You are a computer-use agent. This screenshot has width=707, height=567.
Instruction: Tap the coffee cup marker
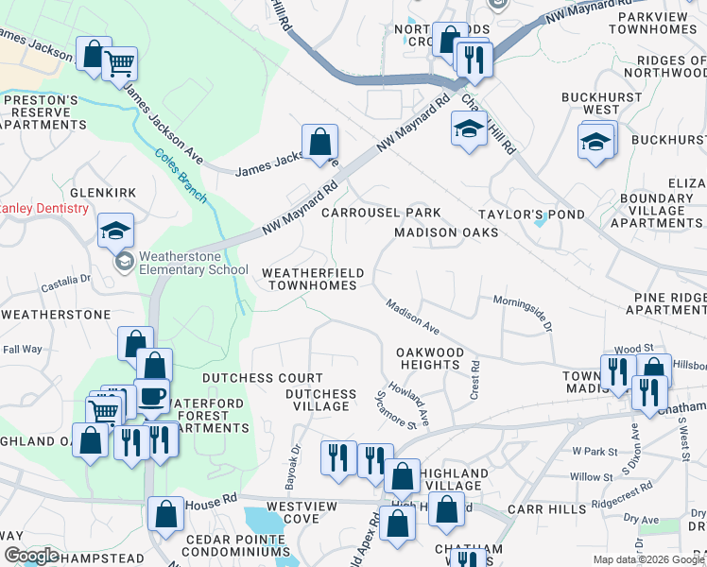150,397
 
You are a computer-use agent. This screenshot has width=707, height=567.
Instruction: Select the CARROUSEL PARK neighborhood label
381,214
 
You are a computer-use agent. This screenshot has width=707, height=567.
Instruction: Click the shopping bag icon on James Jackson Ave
320,143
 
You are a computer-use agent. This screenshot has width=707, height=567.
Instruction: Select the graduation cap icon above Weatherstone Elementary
115,231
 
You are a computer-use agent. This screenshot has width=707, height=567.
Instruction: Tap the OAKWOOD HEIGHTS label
431,358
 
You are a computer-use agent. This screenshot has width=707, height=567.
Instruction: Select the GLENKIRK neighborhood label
96,193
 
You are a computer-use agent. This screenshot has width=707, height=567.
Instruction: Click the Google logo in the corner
31,556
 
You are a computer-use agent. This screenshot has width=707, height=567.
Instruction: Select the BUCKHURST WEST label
589,103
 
